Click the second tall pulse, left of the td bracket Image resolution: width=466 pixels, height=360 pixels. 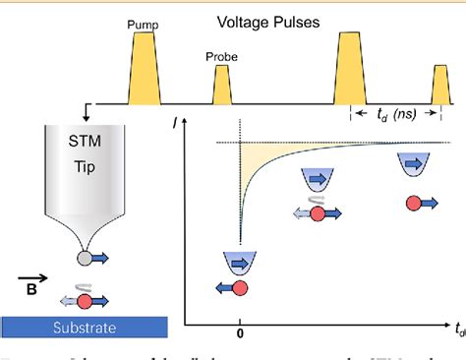coord(351,69)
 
